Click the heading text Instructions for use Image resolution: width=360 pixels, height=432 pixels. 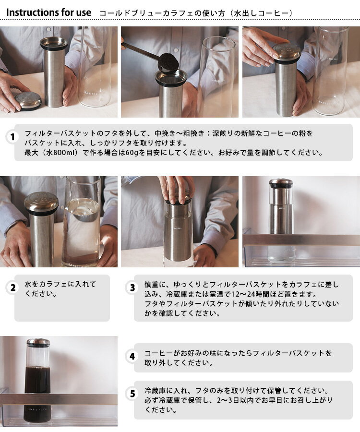[x=48, y=12]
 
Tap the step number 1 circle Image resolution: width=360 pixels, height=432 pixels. [x=12, y=137]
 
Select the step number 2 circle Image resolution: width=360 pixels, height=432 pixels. [x=13, y=288]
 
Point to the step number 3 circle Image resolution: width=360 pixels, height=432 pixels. [x=132, y=288]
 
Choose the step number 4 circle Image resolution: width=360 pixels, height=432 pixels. [x=132, y=356]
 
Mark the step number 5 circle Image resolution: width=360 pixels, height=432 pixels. [x=132, y=394]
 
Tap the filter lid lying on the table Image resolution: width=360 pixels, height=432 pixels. [x=28, y=101]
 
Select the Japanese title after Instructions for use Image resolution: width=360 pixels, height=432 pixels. [x=196, y=13]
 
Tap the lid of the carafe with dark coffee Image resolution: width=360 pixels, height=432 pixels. [x=38, y=342]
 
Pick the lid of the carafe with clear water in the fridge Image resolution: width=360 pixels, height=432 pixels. [x=281, y=181]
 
